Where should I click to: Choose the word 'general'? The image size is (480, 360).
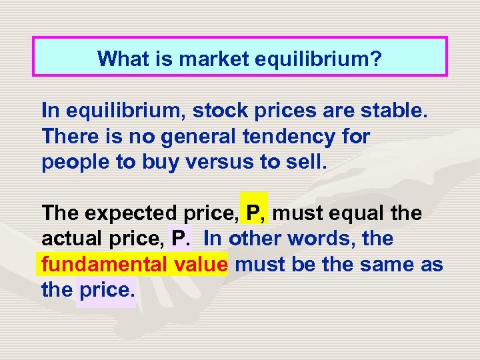203,137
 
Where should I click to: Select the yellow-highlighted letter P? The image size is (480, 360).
253,213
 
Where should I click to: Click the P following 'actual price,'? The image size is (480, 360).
179,238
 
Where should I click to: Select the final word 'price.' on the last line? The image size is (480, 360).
107,290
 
